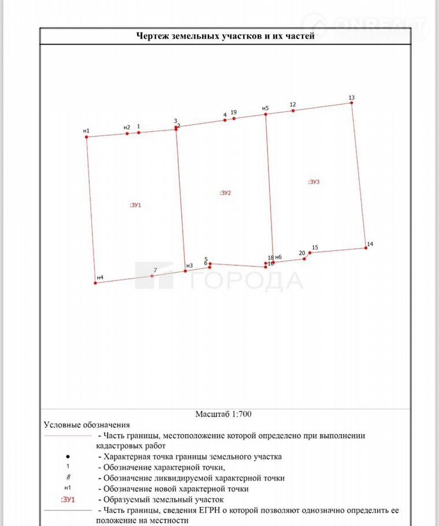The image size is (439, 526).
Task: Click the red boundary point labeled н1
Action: (x=87, y=137)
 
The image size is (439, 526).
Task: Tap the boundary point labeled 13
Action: (x=351, y=103)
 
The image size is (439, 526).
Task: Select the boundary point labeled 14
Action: (x=366, y=248)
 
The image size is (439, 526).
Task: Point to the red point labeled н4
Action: (x=95, y=283)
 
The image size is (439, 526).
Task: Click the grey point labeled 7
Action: (x=152, y=276)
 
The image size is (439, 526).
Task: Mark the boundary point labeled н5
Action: (x=266, y=114)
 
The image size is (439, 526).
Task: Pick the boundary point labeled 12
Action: (x=293, y=110)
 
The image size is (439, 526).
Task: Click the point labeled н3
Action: (x=185, y=271)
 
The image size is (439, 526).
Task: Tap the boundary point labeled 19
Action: (x=234, y=118)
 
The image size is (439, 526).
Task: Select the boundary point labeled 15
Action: (x=310, y=253)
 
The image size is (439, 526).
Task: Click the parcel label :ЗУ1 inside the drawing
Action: (x=135, y=205)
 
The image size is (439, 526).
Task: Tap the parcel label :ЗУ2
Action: (x=225, y=193)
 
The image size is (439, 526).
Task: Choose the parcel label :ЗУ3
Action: (x=313, y=181)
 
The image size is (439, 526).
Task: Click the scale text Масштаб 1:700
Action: (x=223, y=414)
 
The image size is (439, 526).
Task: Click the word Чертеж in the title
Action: (x=153, y=36)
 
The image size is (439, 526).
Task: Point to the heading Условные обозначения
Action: (x=87, y=425)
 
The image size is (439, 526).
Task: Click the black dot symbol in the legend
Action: (x=68, y=457)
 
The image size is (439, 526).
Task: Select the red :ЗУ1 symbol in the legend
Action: (x=68, y=499)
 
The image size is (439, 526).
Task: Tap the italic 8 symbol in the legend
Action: (x=68, y=478)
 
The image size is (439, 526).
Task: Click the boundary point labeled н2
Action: (x=127, y=134)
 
